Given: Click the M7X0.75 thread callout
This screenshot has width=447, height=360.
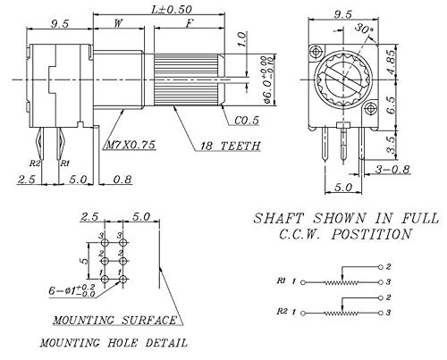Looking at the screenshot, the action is click(x=131, y=145).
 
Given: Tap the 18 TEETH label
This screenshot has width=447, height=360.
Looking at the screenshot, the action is click(x=230, y=146).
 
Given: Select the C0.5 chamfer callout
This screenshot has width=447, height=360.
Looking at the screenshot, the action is click(x=247, y=121).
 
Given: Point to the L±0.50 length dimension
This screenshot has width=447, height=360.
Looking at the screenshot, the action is click(x=172, y=10).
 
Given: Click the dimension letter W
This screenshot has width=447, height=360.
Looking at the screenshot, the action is click(x=119, y=22).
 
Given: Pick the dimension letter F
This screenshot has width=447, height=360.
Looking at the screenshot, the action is click(x=190, y=23).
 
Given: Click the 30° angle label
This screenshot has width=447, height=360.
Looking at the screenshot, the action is click(x=364, y=29).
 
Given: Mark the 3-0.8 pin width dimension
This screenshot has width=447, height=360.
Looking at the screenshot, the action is click(x=392, y=169).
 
